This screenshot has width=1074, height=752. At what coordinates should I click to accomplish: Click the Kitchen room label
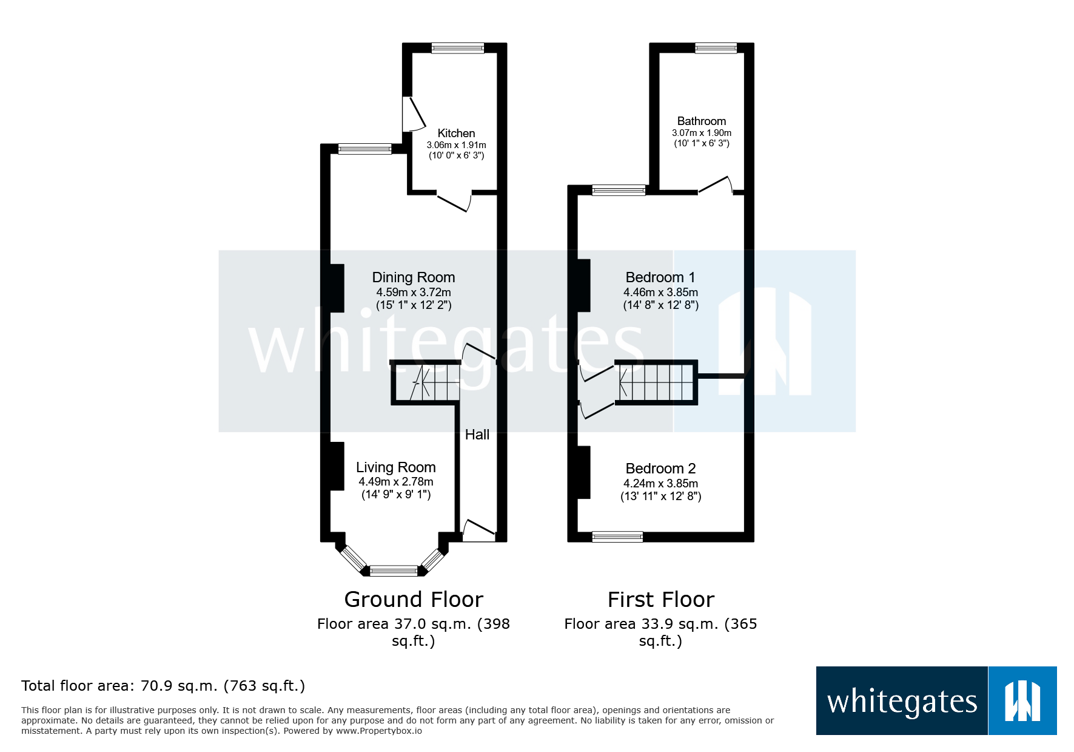click(x=456, y=133)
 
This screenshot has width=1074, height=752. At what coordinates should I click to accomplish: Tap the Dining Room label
click(x=413, y=277)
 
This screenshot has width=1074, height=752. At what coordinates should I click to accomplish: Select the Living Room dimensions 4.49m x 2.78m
click(x=395, y=481)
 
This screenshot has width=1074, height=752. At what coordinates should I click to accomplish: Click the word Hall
click(x=477, y=435)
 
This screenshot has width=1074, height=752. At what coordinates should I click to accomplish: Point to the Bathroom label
click(x=701, y=121)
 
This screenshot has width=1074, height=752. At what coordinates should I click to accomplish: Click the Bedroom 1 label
click(x=660, y=277)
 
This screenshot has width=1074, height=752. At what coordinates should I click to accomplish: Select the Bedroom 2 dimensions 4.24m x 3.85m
click(x=660, y=483)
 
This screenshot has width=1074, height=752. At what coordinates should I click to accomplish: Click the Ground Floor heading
click(x=413, y=599)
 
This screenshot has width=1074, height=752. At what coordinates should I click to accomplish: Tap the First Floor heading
click(x=660, y=599)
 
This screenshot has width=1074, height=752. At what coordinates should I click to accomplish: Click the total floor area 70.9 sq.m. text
click(x=163, y=686)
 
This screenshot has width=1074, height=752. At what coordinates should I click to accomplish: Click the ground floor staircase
click(x=426, y=382)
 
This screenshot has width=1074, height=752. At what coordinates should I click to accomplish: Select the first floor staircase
click(x=656, y=382)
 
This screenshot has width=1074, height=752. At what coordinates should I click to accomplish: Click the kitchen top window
click(x=457, y=48)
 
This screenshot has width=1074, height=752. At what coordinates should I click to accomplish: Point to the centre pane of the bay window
click(x=394, y=570)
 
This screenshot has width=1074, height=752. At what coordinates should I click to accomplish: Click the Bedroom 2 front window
click(x=617, y=537)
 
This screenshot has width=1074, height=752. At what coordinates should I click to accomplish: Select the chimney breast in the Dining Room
click(x=337, y=288)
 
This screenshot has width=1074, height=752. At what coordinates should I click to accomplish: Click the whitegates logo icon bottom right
click(x=1022, y=701)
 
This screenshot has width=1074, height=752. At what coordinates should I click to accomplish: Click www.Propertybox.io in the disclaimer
click(x=378, y=731)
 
